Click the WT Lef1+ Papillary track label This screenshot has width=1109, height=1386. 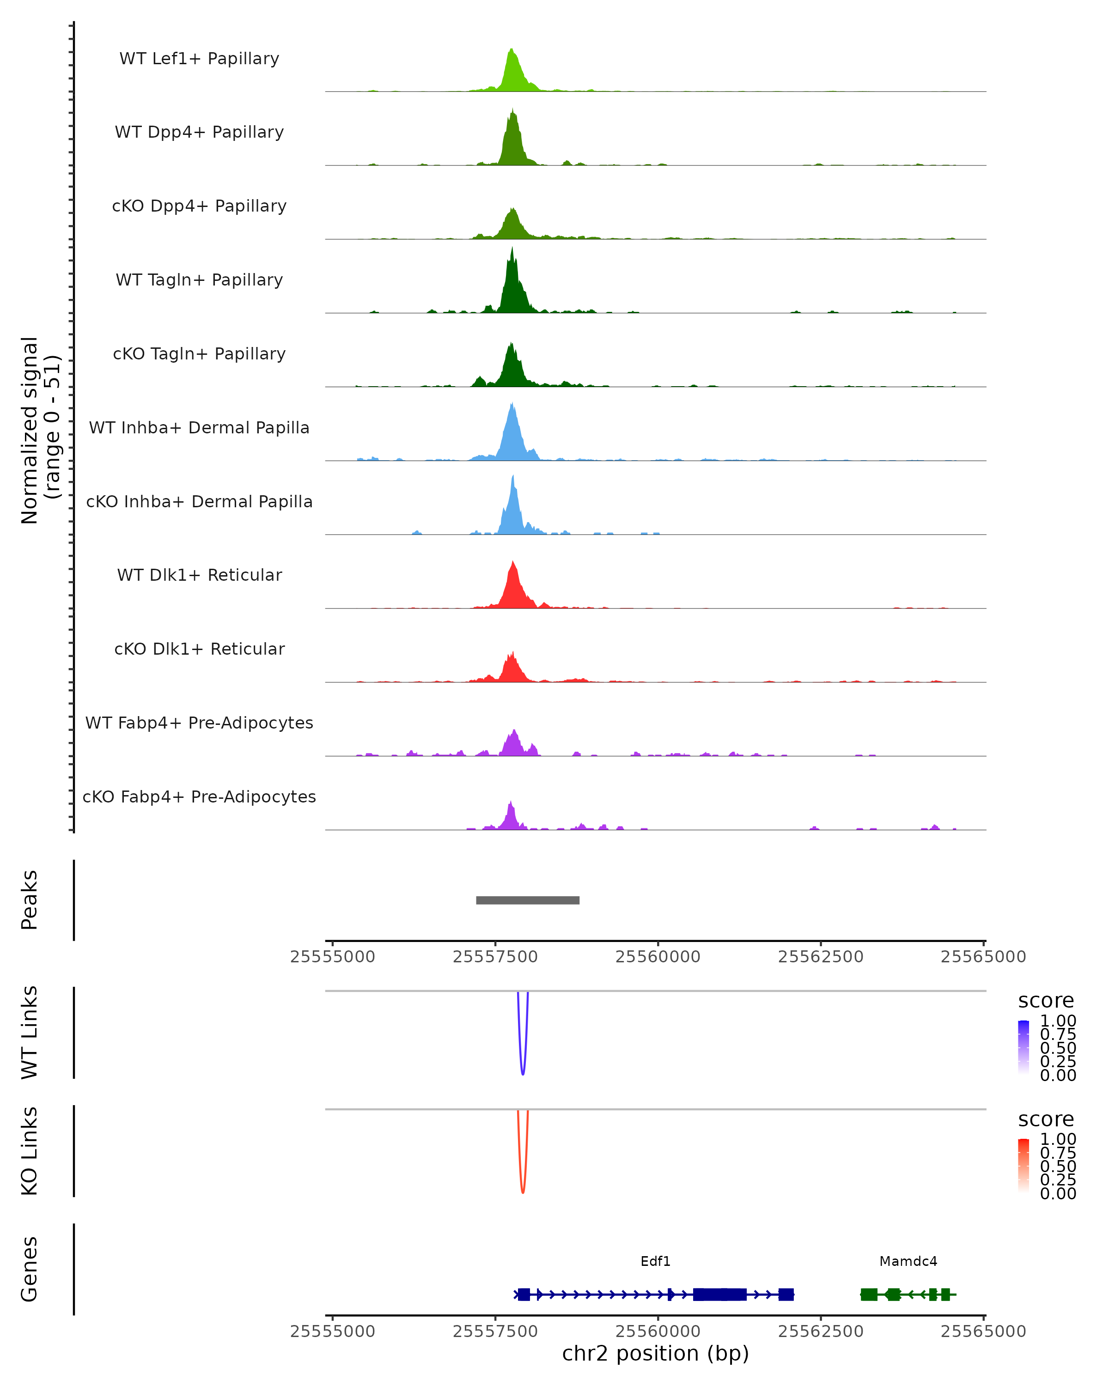(x=199, y=59)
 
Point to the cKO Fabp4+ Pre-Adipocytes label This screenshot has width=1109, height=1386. (x=199, y=796)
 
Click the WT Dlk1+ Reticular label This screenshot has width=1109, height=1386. (x=199, y=575)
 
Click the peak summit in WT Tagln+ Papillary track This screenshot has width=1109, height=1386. (x=512, y=251)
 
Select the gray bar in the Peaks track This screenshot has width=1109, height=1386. (x=528, y=900)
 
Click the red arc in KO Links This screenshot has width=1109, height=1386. (x=523, y=1191)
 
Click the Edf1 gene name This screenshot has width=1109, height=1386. (x=655, y=1261)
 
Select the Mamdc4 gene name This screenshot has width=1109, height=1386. (x=908, y=1261)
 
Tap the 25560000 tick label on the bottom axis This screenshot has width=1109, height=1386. (x=658, y=1331)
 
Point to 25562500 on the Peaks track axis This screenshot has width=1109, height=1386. (x=820, y=957)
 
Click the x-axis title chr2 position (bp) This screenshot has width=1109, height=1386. (x=655, y=1353)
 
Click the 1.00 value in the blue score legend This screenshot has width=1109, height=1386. (x=1058, y=1021)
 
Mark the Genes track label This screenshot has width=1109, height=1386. (x=30, y=1270)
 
